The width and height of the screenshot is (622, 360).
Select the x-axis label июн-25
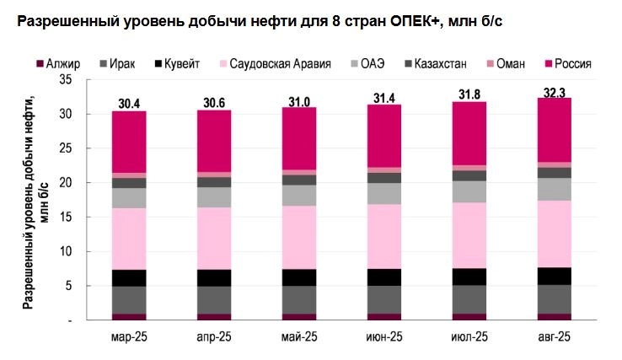pyautogui.click(x=383, y=338)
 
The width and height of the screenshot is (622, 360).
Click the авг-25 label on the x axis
pyautogui.click(x=554, y=338)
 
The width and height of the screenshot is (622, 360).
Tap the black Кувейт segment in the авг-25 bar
pyautogui.click(x=554, y=276)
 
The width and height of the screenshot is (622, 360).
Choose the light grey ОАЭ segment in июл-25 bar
pyautogui.click(x=469, y=191)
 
